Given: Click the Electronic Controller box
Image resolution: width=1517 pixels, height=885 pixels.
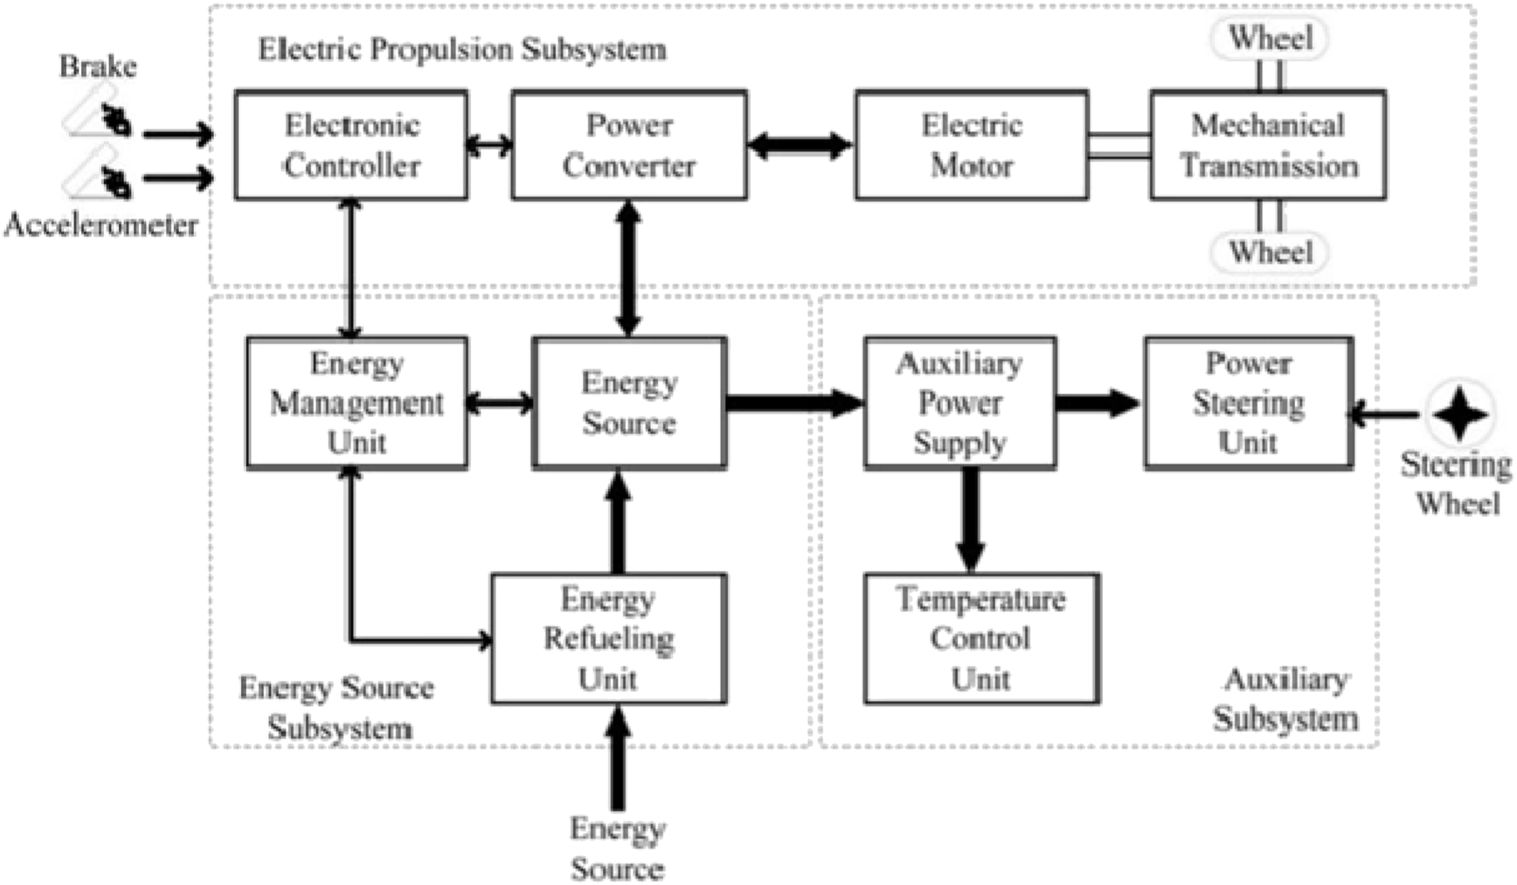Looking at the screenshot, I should point(351,145).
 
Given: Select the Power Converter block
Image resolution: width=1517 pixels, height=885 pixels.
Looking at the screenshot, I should point(629,145).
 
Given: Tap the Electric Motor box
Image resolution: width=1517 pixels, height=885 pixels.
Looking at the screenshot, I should point(972,145).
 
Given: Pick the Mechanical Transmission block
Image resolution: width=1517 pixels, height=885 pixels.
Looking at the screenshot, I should point(1268,145).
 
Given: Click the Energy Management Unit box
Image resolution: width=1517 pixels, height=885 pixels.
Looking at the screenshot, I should point(357,404).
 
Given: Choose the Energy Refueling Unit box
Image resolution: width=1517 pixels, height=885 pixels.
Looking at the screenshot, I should point(608,639).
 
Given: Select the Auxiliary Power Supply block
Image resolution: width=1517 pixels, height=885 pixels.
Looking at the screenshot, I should point(959,404).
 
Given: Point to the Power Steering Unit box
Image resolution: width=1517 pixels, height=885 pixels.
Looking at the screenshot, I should point(1249,404).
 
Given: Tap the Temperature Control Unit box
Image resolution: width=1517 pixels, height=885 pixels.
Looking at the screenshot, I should point(981,639).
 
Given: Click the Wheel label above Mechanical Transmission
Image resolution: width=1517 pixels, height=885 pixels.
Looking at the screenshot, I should point(1270,38).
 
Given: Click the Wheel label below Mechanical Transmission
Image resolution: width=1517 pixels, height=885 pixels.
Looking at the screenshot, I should point(1270,252).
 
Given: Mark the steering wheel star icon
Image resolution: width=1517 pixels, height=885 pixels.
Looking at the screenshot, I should point(1459,414).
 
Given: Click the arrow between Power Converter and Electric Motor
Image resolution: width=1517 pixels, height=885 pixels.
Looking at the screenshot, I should point(800,145).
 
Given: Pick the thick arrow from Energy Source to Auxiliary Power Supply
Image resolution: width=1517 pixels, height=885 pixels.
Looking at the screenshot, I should point(793,403).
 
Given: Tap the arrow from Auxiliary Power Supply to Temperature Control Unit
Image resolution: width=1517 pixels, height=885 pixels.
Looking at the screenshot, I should point(970,520).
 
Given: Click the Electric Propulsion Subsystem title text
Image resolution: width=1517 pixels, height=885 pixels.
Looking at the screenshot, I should point(462,49).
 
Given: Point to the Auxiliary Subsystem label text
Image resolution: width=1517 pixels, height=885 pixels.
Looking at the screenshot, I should point(1285,699).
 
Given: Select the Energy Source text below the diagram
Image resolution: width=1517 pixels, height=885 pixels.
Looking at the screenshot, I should point(617,848).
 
